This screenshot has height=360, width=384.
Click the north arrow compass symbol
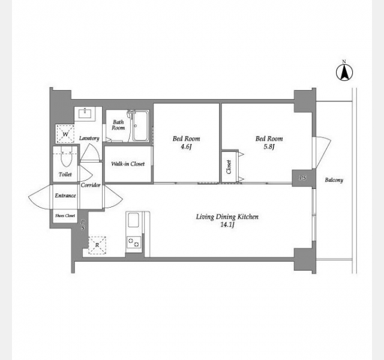(x=344, y=72)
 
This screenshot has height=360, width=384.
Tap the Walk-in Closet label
(x=128, y=164)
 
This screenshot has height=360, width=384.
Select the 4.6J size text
(x=185, y=146)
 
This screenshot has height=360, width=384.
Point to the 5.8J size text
(x=269, y=146)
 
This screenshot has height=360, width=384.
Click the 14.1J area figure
(x=227, y=224)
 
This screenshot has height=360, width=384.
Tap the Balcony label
(x=334, y=180)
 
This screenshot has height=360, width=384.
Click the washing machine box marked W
(x=65, y=134)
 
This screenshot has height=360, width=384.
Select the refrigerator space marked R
(x=97, y=245)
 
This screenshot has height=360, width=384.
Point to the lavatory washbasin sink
(x=85, y=114)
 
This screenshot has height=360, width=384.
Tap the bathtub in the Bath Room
(x=140, y=125)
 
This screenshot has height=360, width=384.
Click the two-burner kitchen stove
(x=134, y=242)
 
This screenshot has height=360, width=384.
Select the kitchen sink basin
(x=133, y=220)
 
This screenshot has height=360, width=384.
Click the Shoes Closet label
(x=65, y=216)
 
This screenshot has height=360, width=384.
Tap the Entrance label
(x=65, y=196)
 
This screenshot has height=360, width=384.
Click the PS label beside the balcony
(x=302, y=178)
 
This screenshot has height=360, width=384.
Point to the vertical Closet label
(x=229, y=167)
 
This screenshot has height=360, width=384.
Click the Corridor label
(x=91, y=185)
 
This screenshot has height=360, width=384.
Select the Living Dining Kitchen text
(x=227, y=217)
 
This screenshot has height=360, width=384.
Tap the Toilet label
(x=65, y=175)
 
